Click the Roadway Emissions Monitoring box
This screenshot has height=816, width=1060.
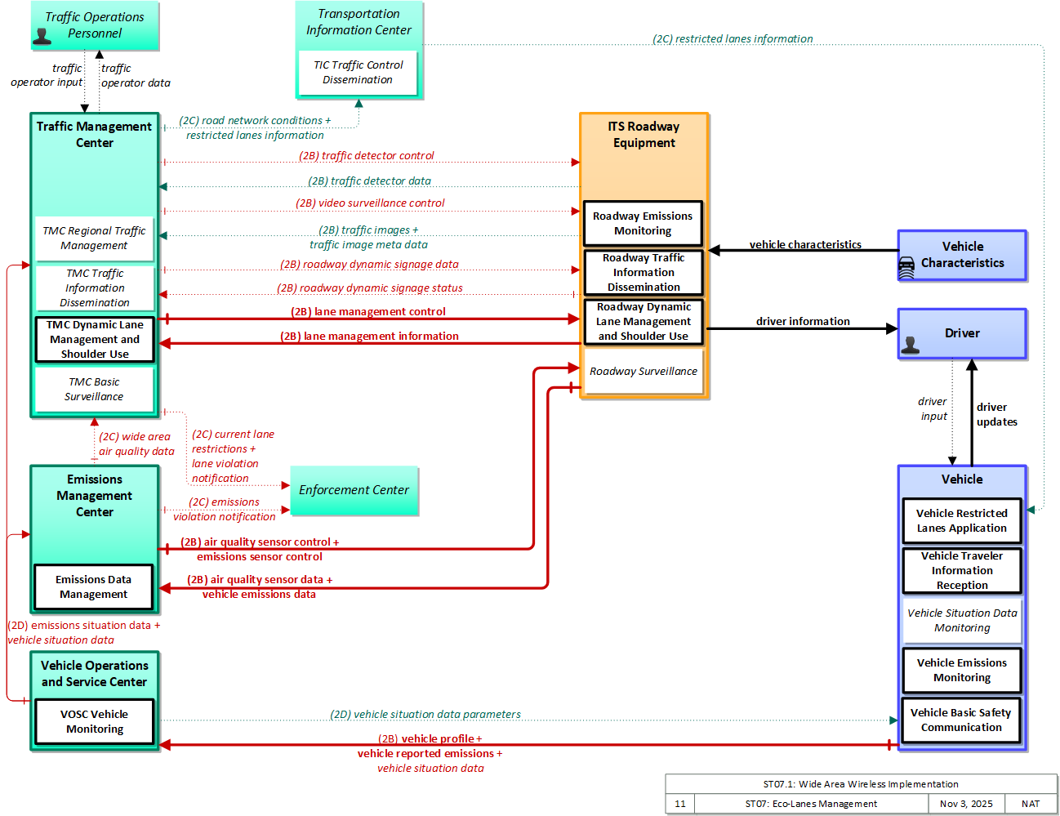[642, 223]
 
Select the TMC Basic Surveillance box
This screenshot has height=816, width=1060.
[94, 390]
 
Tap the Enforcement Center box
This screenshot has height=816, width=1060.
[354, 490]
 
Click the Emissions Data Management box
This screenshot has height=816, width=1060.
[94, 586]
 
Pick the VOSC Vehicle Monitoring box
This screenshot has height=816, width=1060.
[94, 721]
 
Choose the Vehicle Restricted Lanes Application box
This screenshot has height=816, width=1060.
[961, 520]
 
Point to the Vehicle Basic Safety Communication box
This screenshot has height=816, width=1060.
[960, 720]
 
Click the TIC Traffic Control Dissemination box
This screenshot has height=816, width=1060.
[358, 73]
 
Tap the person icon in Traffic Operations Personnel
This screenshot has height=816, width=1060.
[42, 37]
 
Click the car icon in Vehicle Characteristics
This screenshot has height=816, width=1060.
[906, 267]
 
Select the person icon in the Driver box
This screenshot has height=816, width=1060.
[910, 345]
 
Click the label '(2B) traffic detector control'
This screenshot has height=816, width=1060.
[366, 155]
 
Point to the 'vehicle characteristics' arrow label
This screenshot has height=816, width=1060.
[805, 244]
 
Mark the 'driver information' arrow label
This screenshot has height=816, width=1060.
[803, 321]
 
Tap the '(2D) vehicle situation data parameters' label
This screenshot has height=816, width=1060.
[425, 714]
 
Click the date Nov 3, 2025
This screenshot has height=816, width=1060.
[965, 803]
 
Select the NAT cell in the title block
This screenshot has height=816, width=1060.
[1030, 803]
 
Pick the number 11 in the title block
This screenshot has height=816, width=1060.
[679, 803]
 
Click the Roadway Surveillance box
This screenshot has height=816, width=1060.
[643, 372]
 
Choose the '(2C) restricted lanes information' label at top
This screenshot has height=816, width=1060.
[733, 38]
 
